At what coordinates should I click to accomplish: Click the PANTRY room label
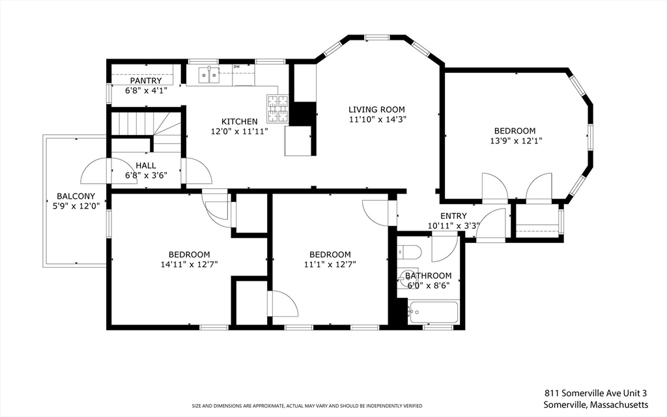pos(146,81)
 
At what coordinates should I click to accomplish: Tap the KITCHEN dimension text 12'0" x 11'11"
pos(240,132)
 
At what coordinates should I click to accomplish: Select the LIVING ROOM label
pos(377,109)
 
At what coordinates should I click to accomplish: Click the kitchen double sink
pos(209,76)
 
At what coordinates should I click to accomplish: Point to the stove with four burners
pos(277,109)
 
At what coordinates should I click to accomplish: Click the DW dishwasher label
pos(236,67)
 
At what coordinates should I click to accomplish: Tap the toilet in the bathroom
pos(409,252)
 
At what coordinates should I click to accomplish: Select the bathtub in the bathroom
pos(433,313)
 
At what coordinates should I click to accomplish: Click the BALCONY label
pos(76,196)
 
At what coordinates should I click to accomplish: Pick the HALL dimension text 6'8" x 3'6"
pos(146,175)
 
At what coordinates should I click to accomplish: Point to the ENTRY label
pos(453,216)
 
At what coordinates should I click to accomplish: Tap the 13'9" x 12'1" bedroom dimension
pos(516,141)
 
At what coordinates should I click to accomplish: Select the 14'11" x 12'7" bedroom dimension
pos(190,265)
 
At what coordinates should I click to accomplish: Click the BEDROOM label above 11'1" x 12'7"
pos(330,255)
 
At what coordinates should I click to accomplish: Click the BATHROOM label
pos(429,276)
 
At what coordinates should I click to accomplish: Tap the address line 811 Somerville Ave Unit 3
pos(596,393)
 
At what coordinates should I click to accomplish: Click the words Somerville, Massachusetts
pos(596,404)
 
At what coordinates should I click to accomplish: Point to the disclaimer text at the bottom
pos(307,405)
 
